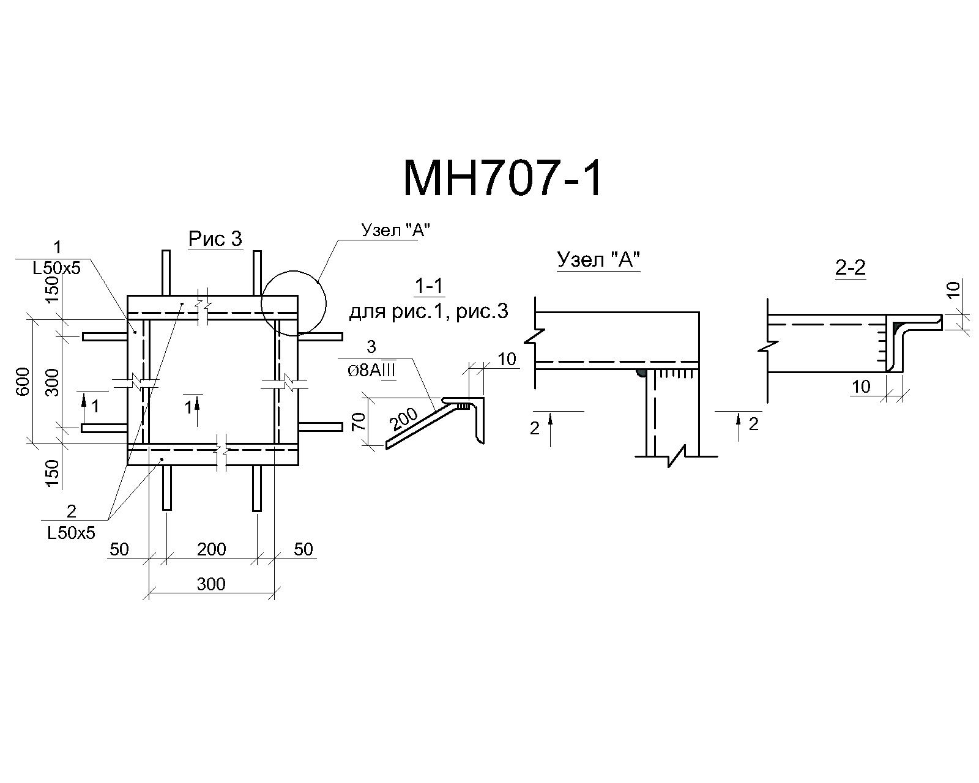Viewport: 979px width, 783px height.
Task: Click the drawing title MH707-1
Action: [x=503, y=178]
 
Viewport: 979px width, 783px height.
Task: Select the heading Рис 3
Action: [x=215, y=239]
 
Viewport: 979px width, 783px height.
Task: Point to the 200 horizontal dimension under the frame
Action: [x=212, y=549]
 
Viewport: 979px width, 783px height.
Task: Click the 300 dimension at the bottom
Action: [x=211, y=584]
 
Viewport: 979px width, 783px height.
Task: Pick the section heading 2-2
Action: [x=851, y=267]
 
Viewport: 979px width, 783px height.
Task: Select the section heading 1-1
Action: [x=429, y=286]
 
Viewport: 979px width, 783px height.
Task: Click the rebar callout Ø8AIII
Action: [x=371, y=371]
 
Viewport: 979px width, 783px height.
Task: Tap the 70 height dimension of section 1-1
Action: [x=359, y=421]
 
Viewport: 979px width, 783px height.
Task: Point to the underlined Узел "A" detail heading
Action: [x=598, y=260]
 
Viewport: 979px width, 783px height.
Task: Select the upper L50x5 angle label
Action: [x=56, y=268]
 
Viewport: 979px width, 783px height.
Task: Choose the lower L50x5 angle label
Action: [x=72, y=533]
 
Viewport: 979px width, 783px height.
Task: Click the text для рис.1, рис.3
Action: [x=428, y=312]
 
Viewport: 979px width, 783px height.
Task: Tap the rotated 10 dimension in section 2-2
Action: [x=955, y=289]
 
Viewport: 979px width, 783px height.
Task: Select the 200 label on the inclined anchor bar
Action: [x=404, y=419]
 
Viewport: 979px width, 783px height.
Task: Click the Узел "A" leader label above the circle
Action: [x=395, y=230]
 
